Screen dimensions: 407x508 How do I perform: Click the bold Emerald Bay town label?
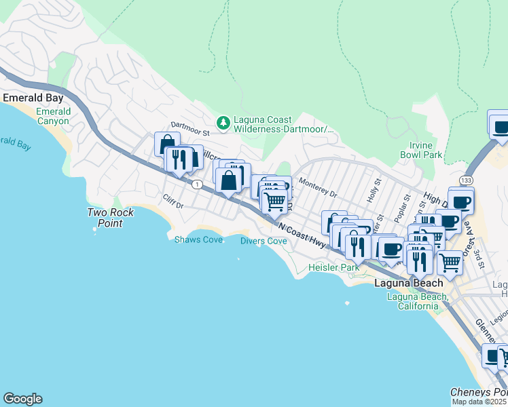33,98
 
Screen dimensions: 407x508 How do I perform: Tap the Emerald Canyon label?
53,116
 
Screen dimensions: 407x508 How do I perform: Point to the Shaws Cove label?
198,239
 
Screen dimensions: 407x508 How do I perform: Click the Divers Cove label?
264,241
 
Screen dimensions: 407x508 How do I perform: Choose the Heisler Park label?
333,268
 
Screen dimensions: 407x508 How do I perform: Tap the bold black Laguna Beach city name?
409,283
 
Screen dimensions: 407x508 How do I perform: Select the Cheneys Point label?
478,393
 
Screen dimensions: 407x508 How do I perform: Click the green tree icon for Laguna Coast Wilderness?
222,123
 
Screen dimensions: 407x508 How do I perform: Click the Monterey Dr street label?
318,189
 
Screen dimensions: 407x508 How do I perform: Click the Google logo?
22,399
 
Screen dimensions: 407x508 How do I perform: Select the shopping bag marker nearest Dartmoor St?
167,144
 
